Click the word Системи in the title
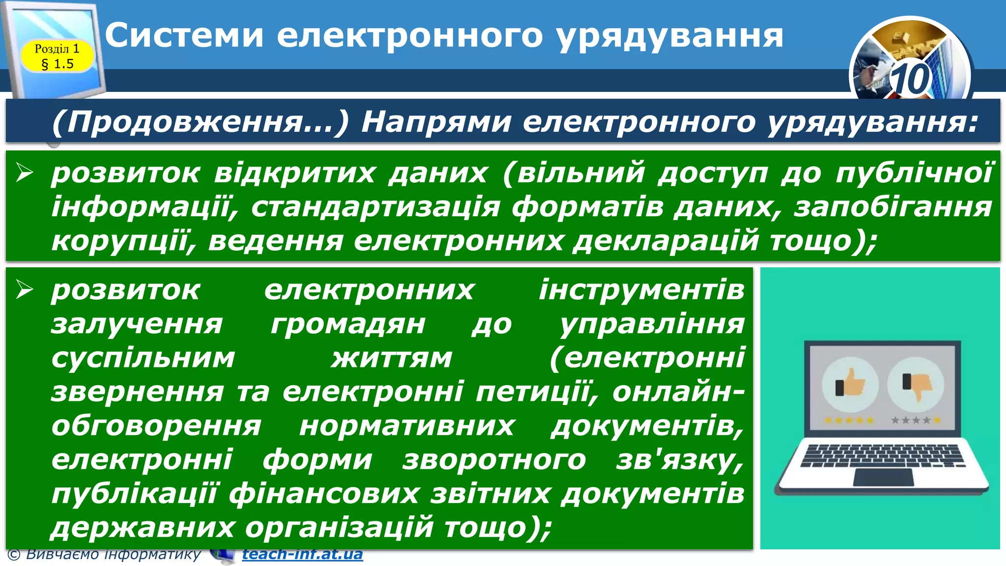coord(184,35)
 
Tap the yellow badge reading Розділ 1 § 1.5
coord(57,56)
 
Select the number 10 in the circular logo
coord(910,79)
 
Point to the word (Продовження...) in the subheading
coord(200,122)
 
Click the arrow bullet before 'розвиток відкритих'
coord(24,172)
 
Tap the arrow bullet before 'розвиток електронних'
coord(24,289)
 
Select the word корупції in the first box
coord(123,241)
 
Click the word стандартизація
coord(375,207)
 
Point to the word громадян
coord(348,324)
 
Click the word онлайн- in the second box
coord(678,392)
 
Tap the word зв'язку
coord(680,460)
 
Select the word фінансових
coord(324,494)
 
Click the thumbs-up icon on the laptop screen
coord(850,383)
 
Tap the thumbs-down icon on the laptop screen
coord(916,384)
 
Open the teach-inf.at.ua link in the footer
coord(302,554)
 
